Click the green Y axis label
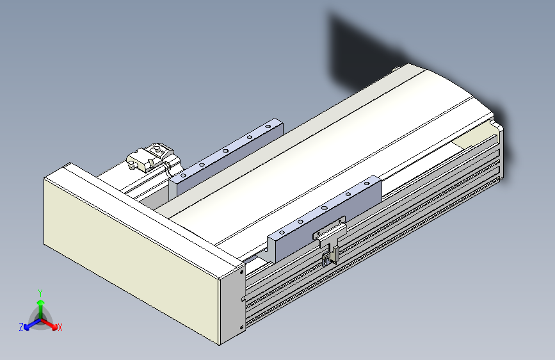[x=40, y=293]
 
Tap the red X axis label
[x=60, y=328]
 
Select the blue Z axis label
[x=21, y=327]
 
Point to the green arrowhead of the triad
[x=41, y=302]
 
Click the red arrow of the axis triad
[x=49, y=324]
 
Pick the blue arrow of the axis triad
[x=33, y=324]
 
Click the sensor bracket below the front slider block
[x=330, y=245]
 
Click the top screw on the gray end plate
[x=242, y=272]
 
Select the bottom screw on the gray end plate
[x=242, y=327]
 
